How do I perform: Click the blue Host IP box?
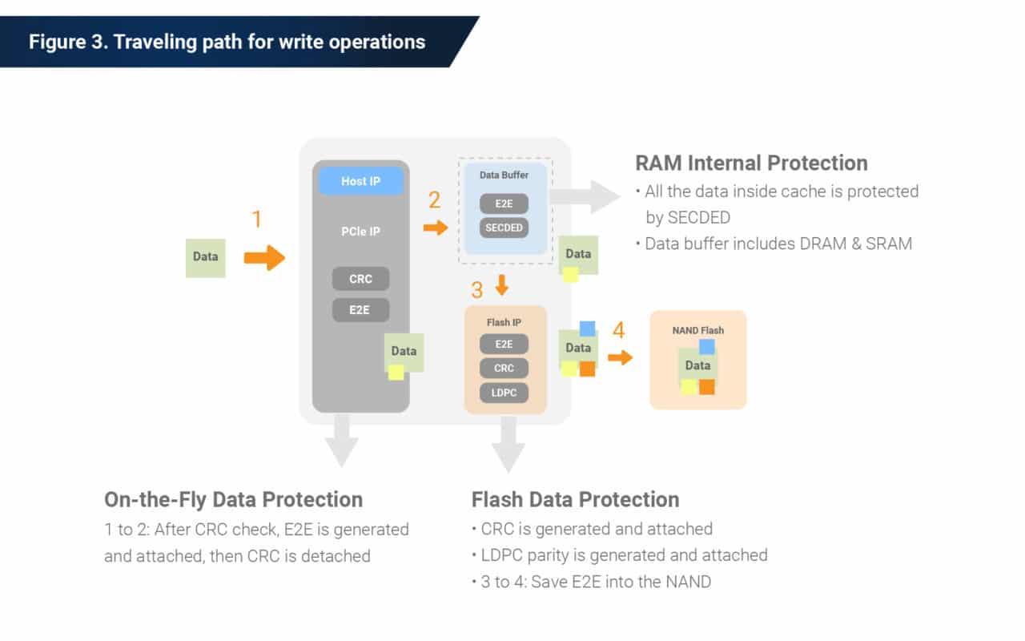(360, 181)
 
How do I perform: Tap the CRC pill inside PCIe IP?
(360, 279)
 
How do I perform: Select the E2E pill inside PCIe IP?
(360, 309)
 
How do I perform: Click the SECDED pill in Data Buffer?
(504, 228)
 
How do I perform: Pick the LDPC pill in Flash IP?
(504, 393)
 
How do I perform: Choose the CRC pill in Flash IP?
(504, 368)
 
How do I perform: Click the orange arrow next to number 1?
(264, 258)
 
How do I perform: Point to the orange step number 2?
(434, 200)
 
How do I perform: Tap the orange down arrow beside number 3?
(502, 284)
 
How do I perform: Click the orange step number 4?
(618, 330)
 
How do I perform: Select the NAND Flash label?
(697, 330)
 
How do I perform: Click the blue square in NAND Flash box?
(706, 346)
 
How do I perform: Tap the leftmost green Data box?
(206, 257)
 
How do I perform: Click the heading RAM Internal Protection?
(751, 163)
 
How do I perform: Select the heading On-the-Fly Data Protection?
(233, 499)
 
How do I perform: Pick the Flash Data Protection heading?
(575, 499)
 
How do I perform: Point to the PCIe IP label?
(360, 232)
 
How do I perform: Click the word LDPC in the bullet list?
(502, 554)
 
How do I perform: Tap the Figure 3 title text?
(227, 42)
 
